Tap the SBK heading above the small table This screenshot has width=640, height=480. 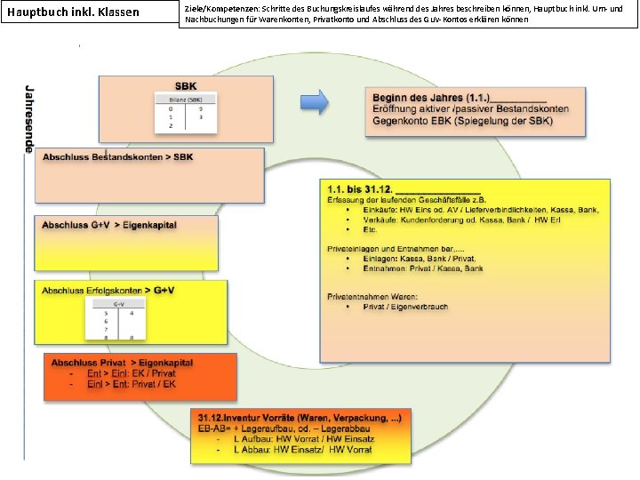(186, 86)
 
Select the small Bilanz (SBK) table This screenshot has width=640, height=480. (186, 112)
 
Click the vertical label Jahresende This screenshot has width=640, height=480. (29, 120)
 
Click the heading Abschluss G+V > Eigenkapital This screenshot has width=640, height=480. (109, 225)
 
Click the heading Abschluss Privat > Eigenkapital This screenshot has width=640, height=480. (122, 364)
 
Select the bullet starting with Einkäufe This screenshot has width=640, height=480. (480, 210)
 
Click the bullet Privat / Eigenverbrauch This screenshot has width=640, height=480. (405, 307)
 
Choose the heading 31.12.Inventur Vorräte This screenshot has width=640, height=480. (300, 417)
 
